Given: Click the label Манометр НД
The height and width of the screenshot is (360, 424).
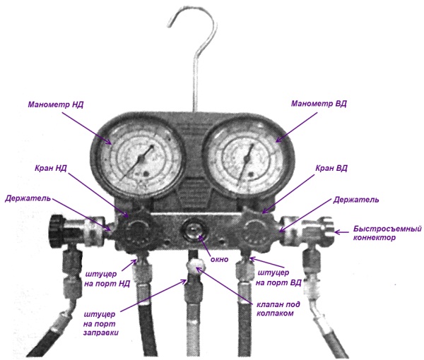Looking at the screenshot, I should [x=56, y=104].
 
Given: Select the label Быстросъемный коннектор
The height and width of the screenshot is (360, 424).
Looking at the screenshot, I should [x=379, y=233].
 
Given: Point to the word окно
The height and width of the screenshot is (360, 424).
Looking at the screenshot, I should [x=220, y=260].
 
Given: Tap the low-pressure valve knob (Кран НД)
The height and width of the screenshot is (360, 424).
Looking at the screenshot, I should [x=134, y=229].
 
